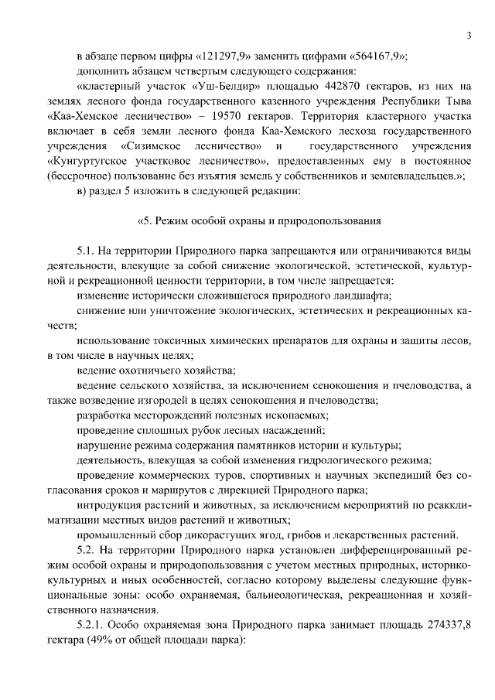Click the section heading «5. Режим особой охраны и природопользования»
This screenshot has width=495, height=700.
pos(258,220)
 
